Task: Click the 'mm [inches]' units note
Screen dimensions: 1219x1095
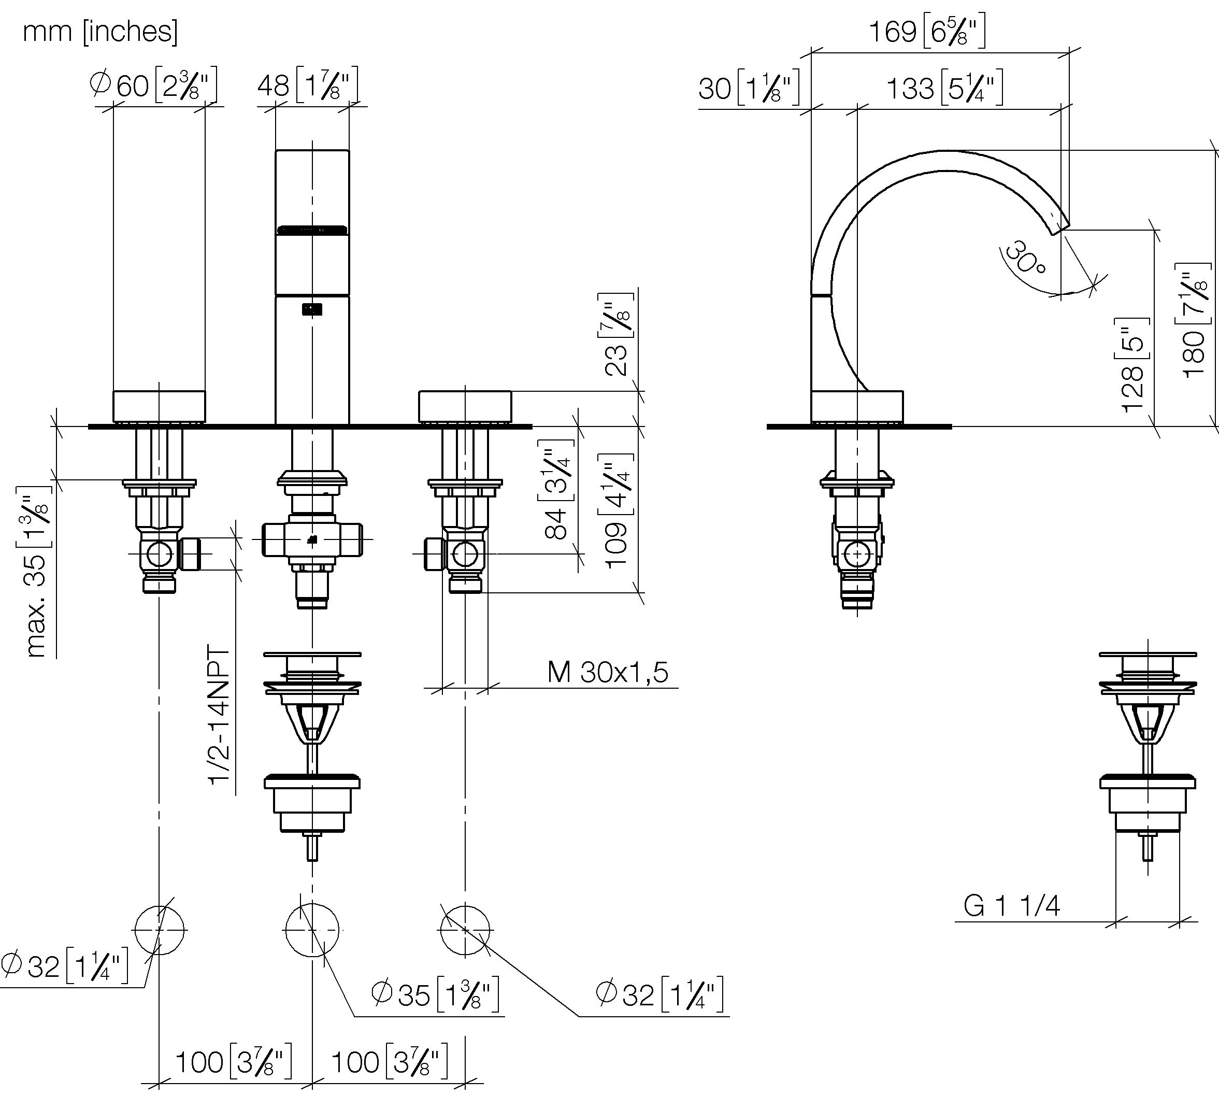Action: click(x=100, y=31)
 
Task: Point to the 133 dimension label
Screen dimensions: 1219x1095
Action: click(x=945, y=88)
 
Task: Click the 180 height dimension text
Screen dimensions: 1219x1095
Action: click(x=1194, y=321)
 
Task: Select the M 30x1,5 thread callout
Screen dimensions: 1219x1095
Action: click(x=607, y=672)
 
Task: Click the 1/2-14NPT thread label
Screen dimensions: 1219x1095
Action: click(x=219, y=715)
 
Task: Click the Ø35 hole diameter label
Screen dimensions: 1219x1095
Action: click(x=435, y=994)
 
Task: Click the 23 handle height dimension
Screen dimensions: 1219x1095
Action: click(x=616, y=335)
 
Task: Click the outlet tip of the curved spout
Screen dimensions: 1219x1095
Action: click(x=1060, y=228)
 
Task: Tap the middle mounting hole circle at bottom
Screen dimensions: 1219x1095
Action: click(x=311, y=930)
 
